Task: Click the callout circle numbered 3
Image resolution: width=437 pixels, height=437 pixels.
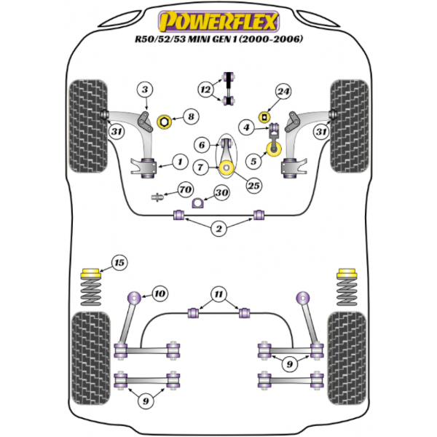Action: pos(145,90)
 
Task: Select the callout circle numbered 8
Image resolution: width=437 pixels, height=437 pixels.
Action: pos(190,116)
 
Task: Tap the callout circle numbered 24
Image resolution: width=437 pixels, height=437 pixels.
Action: pos(283,92)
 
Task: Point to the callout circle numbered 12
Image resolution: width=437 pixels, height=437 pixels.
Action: pos(205,90)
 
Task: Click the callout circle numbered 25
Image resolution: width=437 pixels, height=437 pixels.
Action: pos(253,186)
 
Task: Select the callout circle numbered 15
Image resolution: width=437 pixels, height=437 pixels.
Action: pos(118,262)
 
